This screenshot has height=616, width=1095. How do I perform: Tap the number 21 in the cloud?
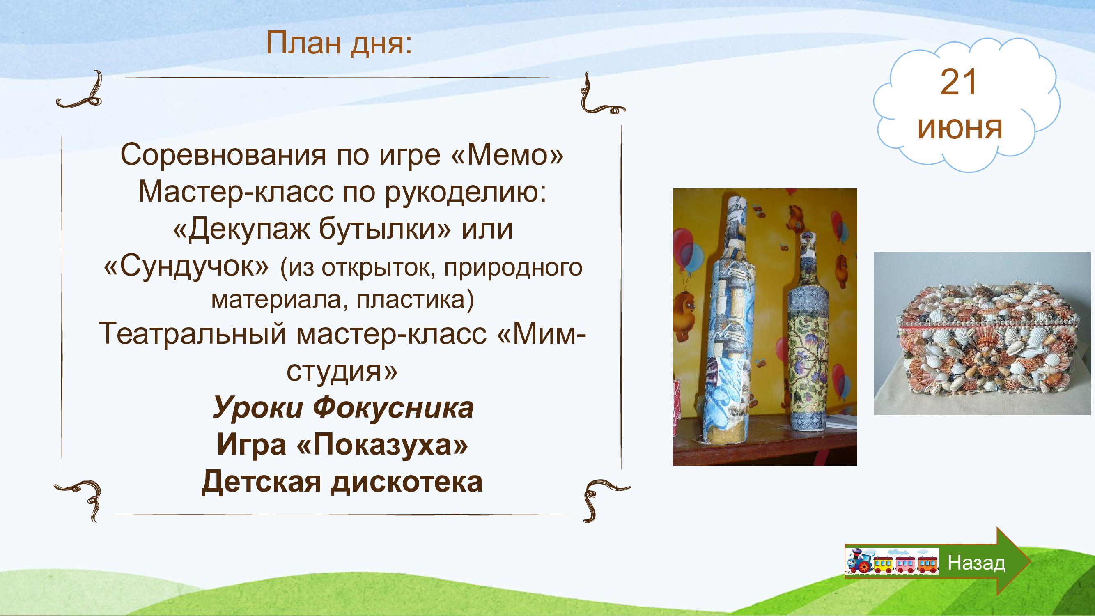[959, 83]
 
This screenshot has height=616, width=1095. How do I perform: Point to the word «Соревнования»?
[224, 155]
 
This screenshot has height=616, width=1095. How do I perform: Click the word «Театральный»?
[193, 334]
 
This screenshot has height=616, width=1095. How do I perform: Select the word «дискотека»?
[407, 482]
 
